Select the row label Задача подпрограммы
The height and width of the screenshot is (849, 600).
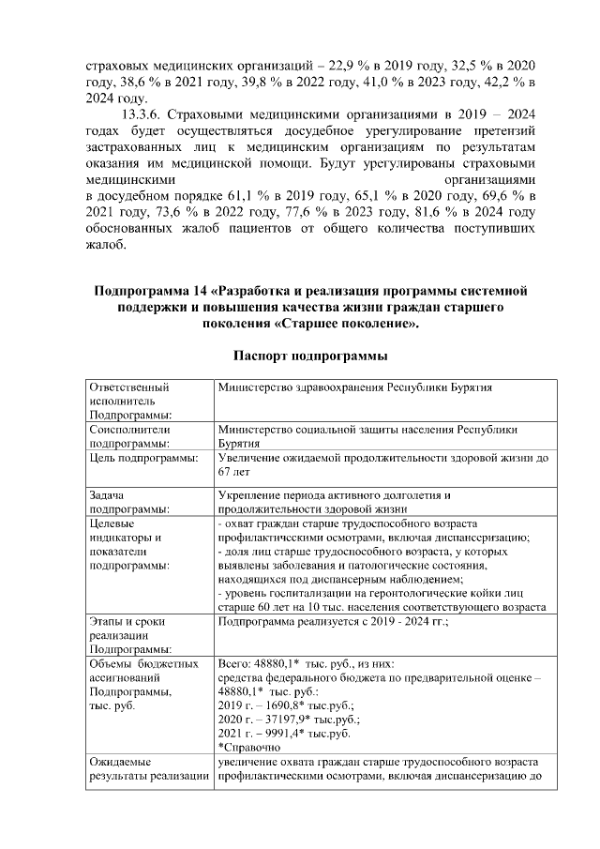point(130,501)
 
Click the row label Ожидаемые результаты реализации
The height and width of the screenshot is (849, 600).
point(146,769)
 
